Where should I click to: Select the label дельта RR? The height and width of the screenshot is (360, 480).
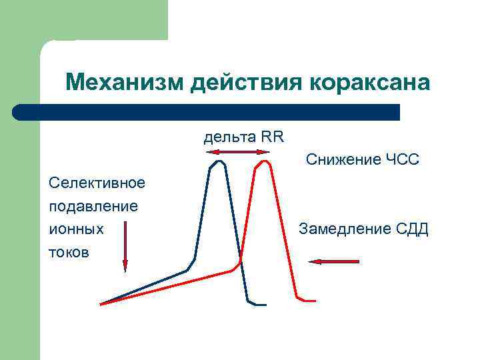coord(243,137)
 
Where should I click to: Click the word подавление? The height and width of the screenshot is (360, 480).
coord(94,206)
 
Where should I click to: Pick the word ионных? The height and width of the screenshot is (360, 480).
coord(77,229)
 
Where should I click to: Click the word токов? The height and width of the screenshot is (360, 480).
coord(70,253)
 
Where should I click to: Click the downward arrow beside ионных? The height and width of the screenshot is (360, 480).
coord(125,247)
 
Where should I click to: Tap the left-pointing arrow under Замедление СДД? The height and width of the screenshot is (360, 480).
coord(335,262)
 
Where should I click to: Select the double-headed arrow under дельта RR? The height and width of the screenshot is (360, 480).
coord(237,153)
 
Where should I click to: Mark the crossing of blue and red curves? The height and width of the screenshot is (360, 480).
coord(240,261)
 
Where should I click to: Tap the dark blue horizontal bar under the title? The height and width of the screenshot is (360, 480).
coord(207,112)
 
